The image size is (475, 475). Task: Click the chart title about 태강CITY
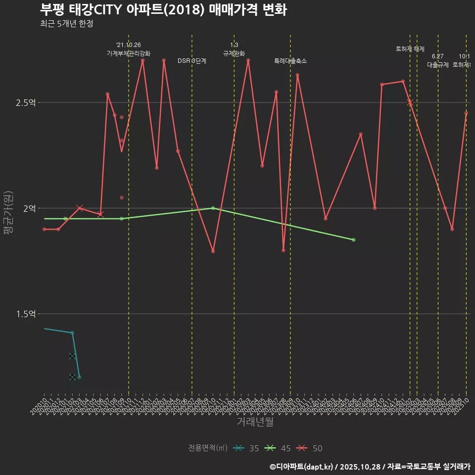pyautogui.click(x=163, y=10)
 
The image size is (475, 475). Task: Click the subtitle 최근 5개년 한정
pyautogui.click(x=66, y=24)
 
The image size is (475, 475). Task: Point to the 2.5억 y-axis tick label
pyautogui.click(x=26, y=103)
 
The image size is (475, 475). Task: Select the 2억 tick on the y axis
pyautogui.click(x=29, y=208)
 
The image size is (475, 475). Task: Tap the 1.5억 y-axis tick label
pyautogui.click(x=26, y=314)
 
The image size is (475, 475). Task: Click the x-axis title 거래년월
pyautogui.click(x=255, y=422)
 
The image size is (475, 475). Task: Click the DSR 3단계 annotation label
pyautogui.click(x=192, y=61)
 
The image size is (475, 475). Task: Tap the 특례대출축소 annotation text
pyautogui.click(x=290, y=61)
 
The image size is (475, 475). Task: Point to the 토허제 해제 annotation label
pyautogui.click(x=410, y=49)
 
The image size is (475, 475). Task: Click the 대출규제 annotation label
pyautogui.click(x=438, y=65)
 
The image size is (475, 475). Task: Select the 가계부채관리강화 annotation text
pyautogui.click(x=129, y=53)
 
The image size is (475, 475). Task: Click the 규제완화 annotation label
pyautogui.click(x=234, y=53)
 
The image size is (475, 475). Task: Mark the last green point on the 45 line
pyautogui.click(x=354, y=240)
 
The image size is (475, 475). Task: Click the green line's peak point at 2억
pyautogui.click(x=213, y=208)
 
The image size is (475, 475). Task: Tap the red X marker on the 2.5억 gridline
pyautogui.click(x=410, y=102)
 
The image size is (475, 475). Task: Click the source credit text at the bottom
pyautogui.click(x=370, y=466)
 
